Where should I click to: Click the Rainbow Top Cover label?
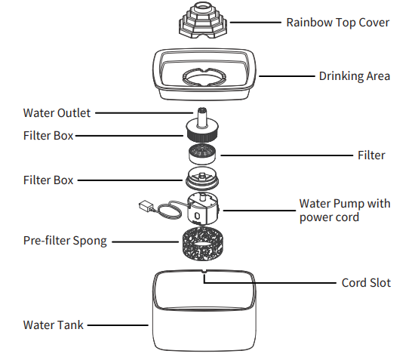[x=337, y=22]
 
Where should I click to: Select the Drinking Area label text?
[x=354, y=76]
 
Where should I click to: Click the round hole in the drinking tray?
[x=203, y=77]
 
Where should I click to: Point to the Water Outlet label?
[x=57, y=113]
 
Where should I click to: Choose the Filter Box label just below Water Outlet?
[x=48, y=136]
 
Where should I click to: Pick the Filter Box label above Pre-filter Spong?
[x=48, y=180]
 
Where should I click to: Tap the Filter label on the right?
[x=370, y=155]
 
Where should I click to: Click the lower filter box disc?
[x=202, y=180]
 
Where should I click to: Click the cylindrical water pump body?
[x=202, y=208]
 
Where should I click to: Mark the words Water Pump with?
[x=345, y=203]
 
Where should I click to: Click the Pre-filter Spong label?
[x=65, y=242]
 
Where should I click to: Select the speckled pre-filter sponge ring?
[x=201, y=245]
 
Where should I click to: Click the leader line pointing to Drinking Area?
[x=287, y=76]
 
